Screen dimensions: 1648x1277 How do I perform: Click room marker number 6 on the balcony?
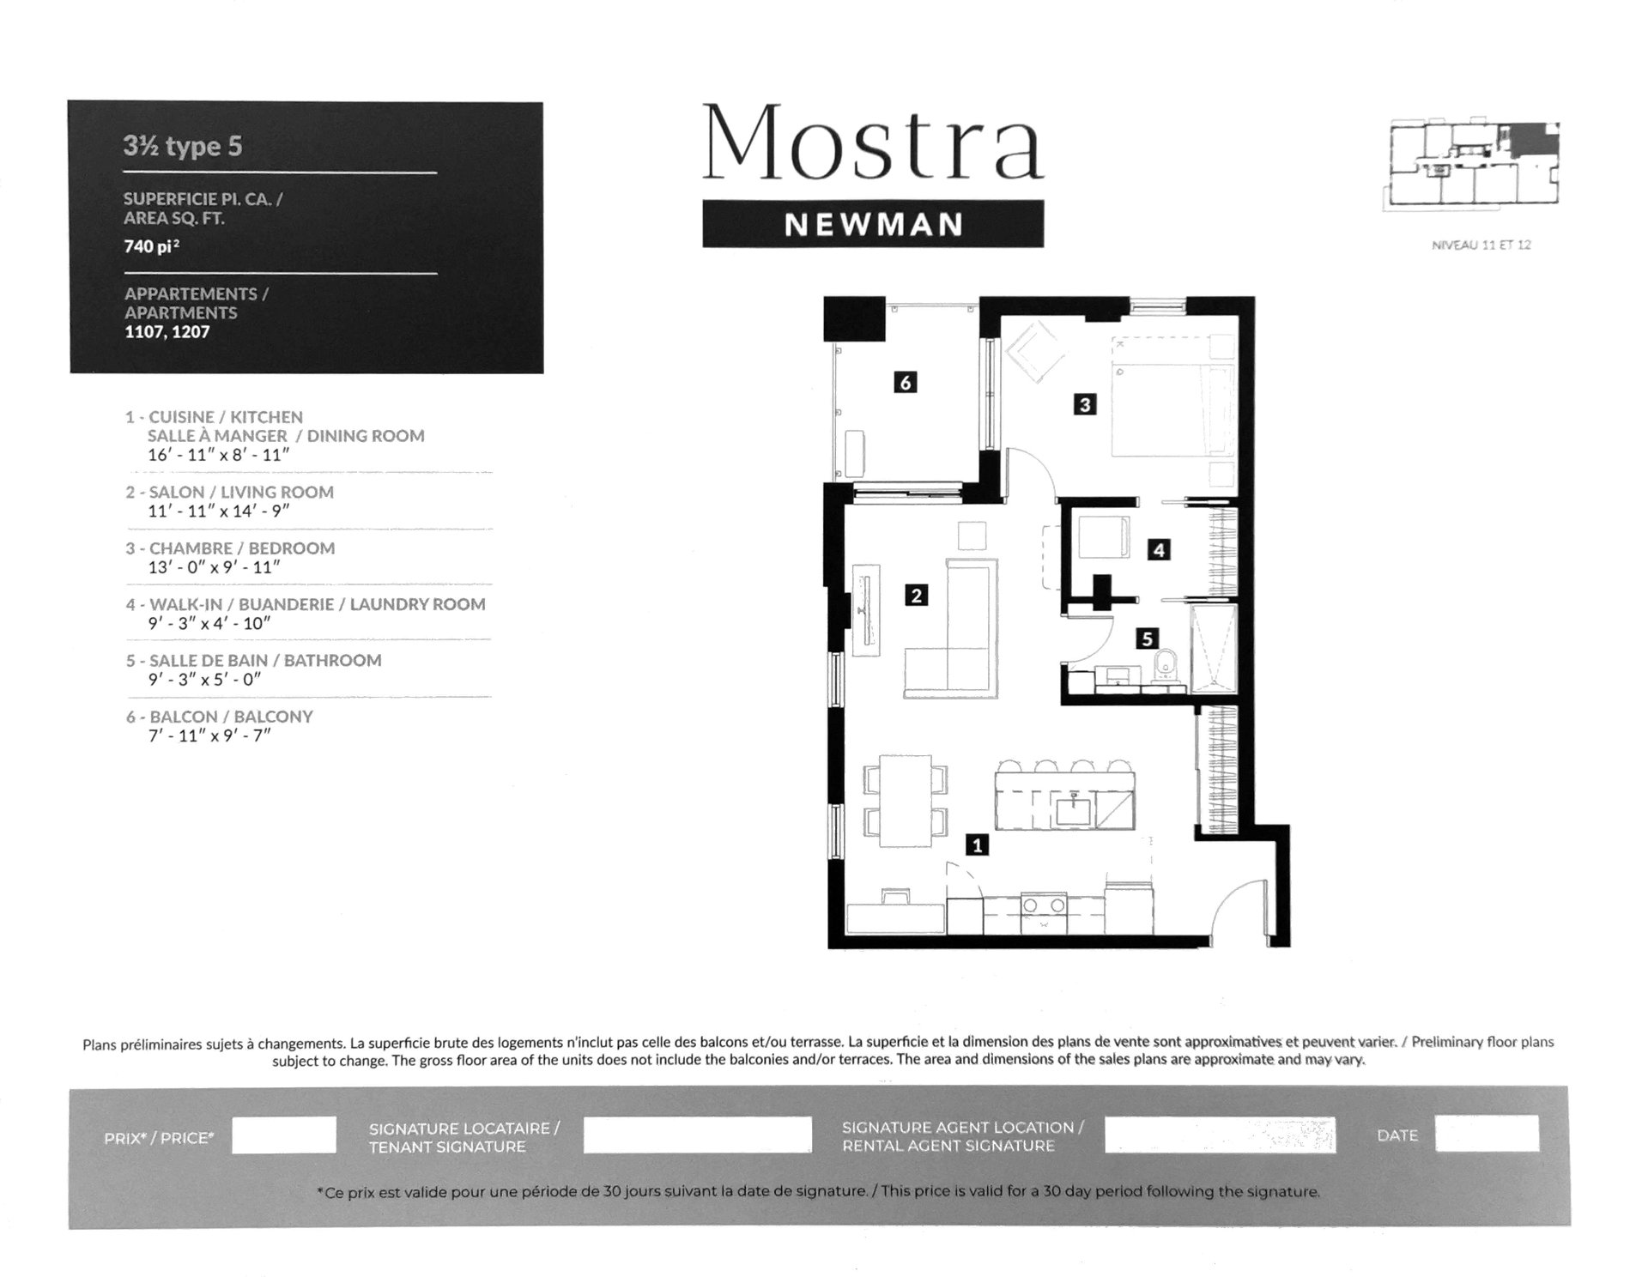[x=905, y=382]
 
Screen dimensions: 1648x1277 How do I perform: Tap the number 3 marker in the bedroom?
[x=1085, y=404]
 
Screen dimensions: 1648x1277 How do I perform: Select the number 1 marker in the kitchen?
[x=977, y=844]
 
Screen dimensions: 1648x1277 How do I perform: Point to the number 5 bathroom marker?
[x=1147, y=638]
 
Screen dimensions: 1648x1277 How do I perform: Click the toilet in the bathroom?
[x=1165, y=667]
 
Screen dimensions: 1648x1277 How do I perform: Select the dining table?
[x=906, y=801]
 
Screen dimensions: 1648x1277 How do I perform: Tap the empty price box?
[x=284, y=1135]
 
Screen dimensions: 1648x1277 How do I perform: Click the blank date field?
[x=1487, y=1134]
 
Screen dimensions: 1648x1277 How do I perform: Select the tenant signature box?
[x=697, y=1135]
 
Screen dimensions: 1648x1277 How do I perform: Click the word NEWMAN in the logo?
[x=873, y=225]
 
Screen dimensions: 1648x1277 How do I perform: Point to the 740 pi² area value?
[x=152, y=246]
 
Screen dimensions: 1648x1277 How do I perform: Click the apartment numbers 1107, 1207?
[x=167, y=332]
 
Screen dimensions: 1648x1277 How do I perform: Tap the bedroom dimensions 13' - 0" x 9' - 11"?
[x=215, y=567]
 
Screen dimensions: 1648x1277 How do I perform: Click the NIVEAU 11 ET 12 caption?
[x=1481, y=245]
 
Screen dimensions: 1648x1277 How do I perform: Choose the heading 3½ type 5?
[x=183, y=147]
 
